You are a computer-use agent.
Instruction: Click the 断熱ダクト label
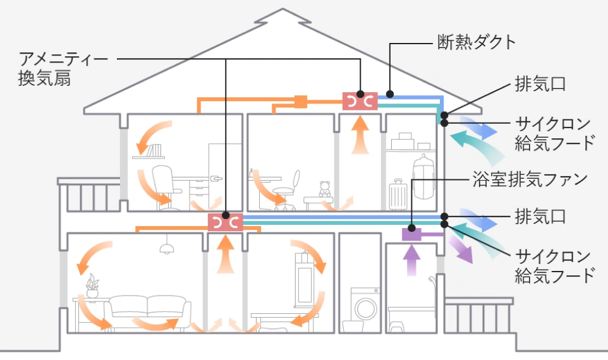477,43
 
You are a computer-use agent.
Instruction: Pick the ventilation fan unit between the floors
225,222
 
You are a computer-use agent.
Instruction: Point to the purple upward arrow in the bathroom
411,258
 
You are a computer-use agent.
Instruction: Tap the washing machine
365,308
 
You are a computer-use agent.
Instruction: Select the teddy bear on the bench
325,189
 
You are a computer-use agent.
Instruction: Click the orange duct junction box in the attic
300,100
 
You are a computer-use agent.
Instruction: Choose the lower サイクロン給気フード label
554,266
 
